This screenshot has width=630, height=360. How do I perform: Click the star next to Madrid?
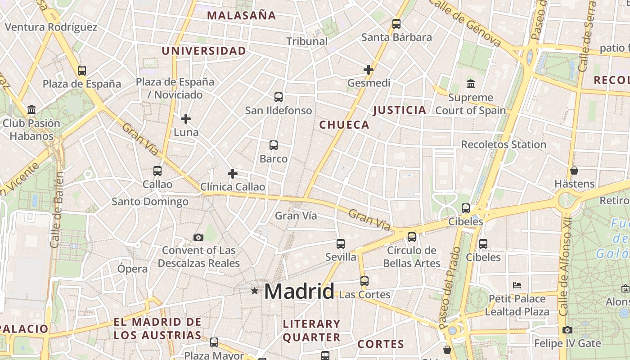click(255, 291)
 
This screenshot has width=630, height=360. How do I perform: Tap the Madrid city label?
click(299, 292)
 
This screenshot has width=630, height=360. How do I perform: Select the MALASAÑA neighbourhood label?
click(241, 15)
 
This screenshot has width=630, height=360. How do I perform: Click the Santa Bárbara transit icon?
click(396, 24)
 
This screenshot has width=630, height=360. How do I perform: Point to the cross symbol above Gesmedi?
click(369, 69)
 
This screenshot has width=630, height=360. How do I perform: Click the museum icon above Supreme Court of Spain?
click(471, 84)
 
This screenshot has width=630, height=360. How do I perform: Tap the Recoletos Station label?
click(504, 144)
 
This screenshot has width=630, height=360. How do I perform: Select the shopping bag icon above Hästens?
click(574, 171)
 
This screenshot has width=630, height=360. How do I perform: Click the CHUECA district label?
click(344, 125)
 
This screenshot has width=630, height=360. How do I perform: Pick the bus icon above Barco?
click(274, 145)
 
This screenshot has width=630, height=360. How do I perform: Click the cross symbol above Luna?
click(186, 119)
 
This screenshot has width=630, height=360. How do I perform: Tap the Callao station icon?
click(157, 171)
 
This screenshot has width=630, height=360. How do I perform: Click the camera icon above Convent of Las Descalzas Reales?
click(198, 237)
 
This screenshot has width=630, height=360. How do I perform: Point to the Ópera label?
click(132, 269)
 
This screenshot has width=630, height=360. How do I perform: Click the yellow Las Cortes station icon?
click(364, 281)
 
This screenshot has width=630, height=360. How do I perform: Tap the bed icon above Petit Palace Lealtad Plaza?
click(517, 285)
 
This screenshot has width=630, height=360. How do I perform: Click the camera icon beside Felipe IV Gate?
click(567, 330)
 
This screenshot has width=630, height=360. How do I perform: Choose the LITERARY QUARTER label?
click(311, 330)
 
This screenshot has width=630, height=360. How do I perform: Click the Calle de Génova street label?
click(465, 22)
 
